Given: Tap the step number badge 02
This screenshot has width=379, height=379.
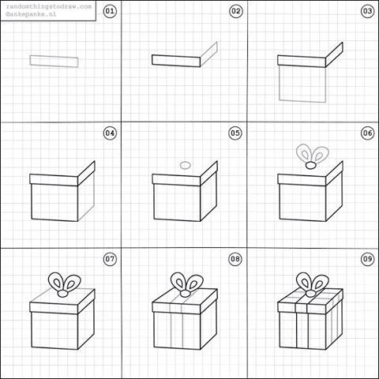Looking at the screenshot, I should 235,11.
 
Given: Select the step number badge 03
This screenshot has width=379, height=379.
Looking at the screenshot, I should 366,11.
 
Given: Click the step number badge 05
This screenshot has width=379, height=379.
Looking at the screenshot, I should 235,133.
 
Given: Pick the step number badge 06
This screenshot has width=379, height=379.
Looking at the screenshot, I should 366,133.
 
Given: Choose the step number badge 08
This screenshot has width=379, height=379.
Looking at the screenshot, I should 235,258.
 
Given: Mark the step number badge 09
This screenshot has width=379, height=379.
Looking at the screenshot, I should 366,258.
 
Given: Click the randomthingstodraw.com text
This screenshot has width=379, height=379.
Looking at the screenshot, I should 48,6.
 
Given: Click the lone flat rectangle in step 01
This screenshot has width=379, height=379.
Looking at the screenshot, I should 54,60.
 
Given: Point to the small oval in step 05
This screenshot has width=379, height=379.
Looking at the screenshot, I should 186,165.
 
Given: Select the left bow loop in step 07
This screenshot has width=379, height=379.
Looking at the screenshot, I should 56,281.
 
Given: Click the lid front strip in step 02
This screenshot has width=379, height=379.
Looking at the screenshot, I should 177,60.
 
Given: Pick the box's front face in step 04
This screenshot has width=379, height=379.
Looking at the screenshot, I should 54,203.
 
